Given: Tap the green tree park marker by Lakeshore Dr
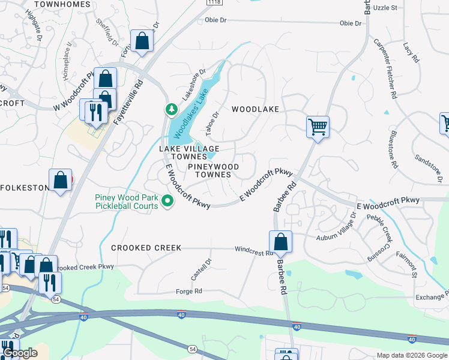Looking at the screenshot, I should pyautogui.click(x=171, y=109).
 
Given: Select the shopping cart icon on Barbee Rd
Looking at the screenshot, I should pyautogui.click(x=317, y=127).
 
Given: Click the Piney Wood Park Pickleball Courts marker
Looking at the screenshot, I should pyautogui.click(x=169, y=202).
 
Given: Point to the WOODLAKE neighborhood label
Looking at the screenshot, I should pyautogui.click(x=256, y=109).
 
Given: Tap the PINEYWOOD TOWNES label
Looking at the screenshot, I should pyautogui.click(x=213, y=170).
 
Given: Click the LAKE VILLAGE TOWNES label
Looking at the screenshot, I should pyautogui.click(x=189, y=152).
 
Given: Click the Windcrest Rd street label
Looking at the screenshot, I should pyautogui.click(x=254, y=250).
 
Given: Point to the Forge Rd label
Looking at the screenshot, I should pyautogui.click(x=189, y=292).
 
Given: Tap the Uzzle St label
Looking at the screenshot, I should pyautogui.click(x=385, y=8).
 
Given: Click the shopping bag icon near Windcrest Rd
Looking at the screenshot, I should pyautogui.click(x=280, y=242).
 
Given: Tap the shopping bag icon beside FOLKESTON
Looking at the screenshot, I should pyautogui.click(x=61, y=180).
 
